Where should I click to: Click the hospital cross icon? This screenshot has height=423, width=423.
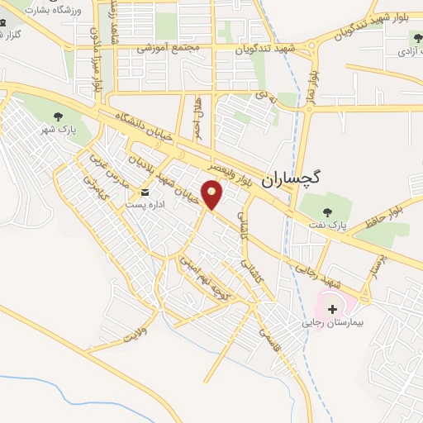click(333, 308)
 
